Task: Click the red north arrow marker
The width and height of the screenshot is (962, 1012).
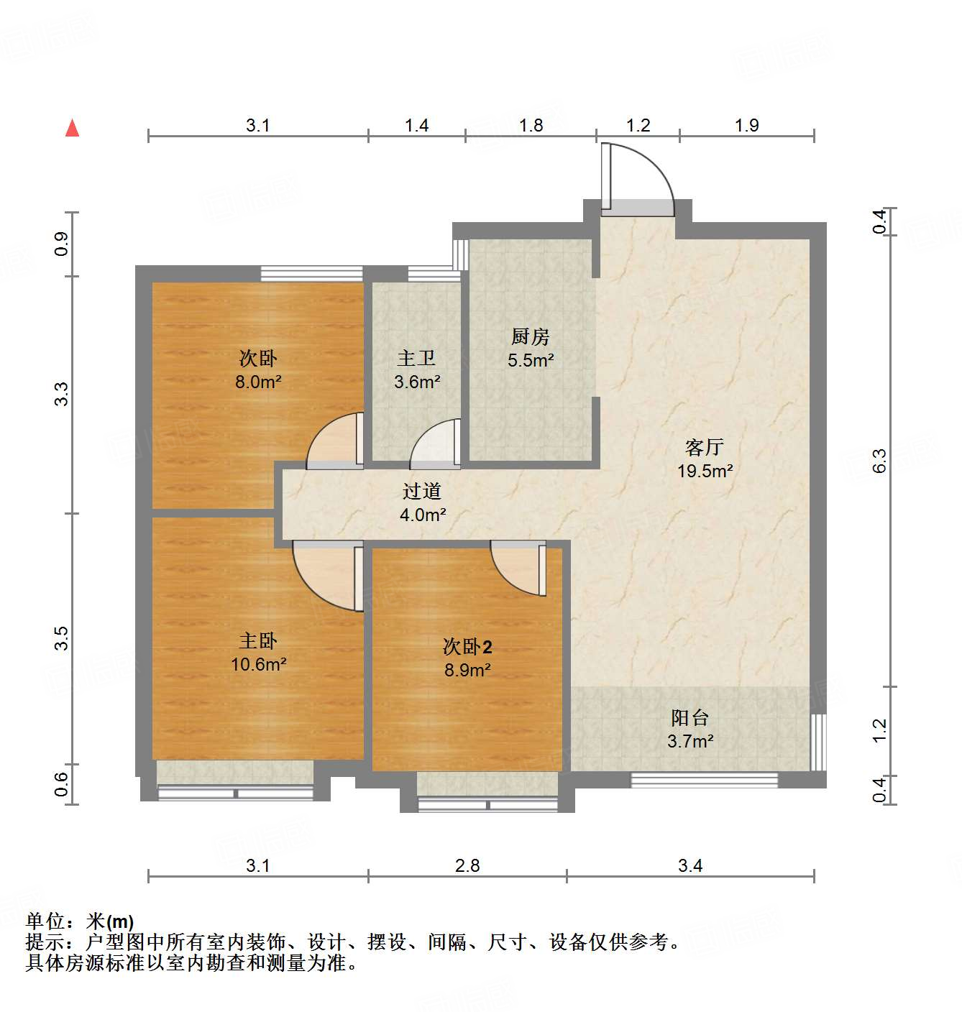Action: (x=72, y=128)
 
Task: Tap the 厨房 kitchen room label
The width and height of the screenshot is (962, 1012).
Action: (x=530, y=336)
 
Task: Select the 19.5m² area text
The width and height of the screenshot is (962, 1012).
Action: (x=705, y=471)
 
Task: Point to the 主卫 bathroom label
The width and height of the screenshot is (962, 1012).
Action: (x=416, y=357)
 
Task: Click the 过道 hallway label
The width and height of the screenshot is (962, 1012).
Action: (x=422, y=491)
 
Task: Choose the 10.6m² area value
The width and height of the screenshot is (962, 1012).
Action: (x=258, y=664)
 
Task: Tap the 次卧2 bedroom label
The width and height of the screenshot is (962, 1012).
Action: (x=467, y=647)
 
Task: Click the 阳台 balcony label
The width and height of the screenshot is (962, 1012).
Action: (x=690, y=717)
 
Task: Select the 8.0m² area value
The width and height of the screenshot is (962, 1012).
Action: (x=257, y=382)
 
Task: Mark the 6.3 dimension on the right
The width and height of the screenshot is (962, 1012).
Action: (x=879, y=460)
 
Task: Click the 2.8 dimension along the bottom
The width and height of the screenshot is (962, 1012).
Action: (x=467, y=865)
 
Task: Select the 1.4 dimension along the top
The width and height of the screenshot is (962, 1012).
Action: (x=416, y=126)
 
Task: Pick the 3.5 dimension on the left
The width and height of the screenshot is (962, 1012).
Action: (x=62, y=638)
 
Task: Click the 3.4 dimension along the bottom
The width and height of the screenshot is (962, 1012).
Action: (x=690, y=865)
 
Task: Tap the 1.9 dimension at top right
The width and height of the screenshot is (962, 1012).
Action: (x=746, y=126)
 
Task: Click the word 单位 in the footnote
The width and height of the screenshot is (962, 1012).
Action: (x=45, y=921)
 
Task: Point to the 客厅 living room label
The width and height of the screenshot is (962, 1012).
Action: (x=704, y=448)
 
